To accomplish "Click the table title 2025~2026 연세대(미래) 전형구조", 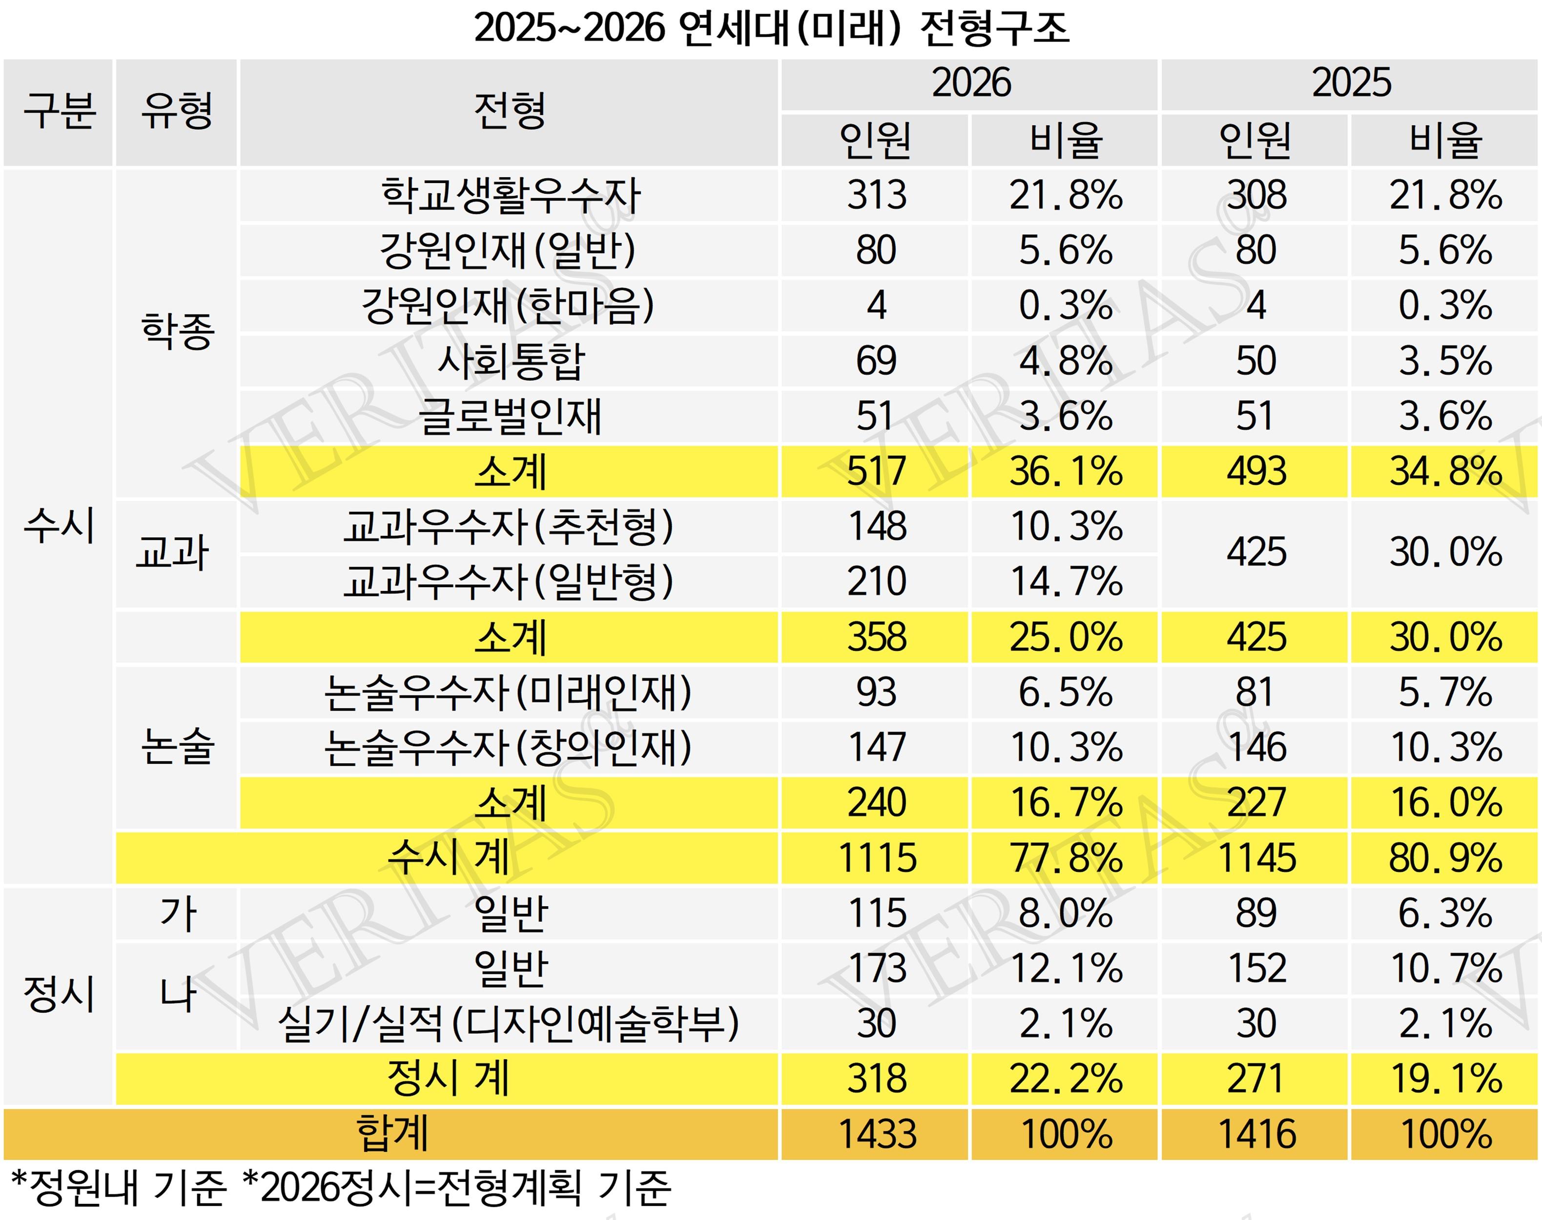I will pyautogui.click(x=771, y=29).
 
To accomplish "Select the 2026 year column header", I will pyautogui.click(x=970, y=83).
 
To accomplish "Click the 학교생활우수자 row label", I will pyautogui.click(x=510, y=195).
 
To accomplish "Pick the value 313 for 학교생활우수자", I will pyautogui.click(x=876, y=195).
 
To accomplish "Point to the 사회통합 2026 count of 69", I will pyautogui.click(x=876, y=361).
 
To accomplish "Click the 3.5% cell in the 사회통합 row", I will pyautogui.click(x=1444, y=361).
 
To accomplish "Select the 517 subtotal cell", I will pyautogui.click(x=876, y=471).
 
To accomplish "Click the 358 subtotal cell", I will pyautogui.click(x=876, y=637).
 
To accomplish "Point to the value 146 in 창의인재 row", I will pyautogui.click(x=1255, y=748).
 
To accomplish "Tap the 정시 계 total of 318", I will pyautogui.click(x=876, y=1078).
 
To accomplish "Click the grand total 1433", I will pyautogui.click(x=876, y=1134).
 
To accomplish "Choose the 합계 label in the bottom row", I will pyautogui.click(x=391, y=1134).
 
